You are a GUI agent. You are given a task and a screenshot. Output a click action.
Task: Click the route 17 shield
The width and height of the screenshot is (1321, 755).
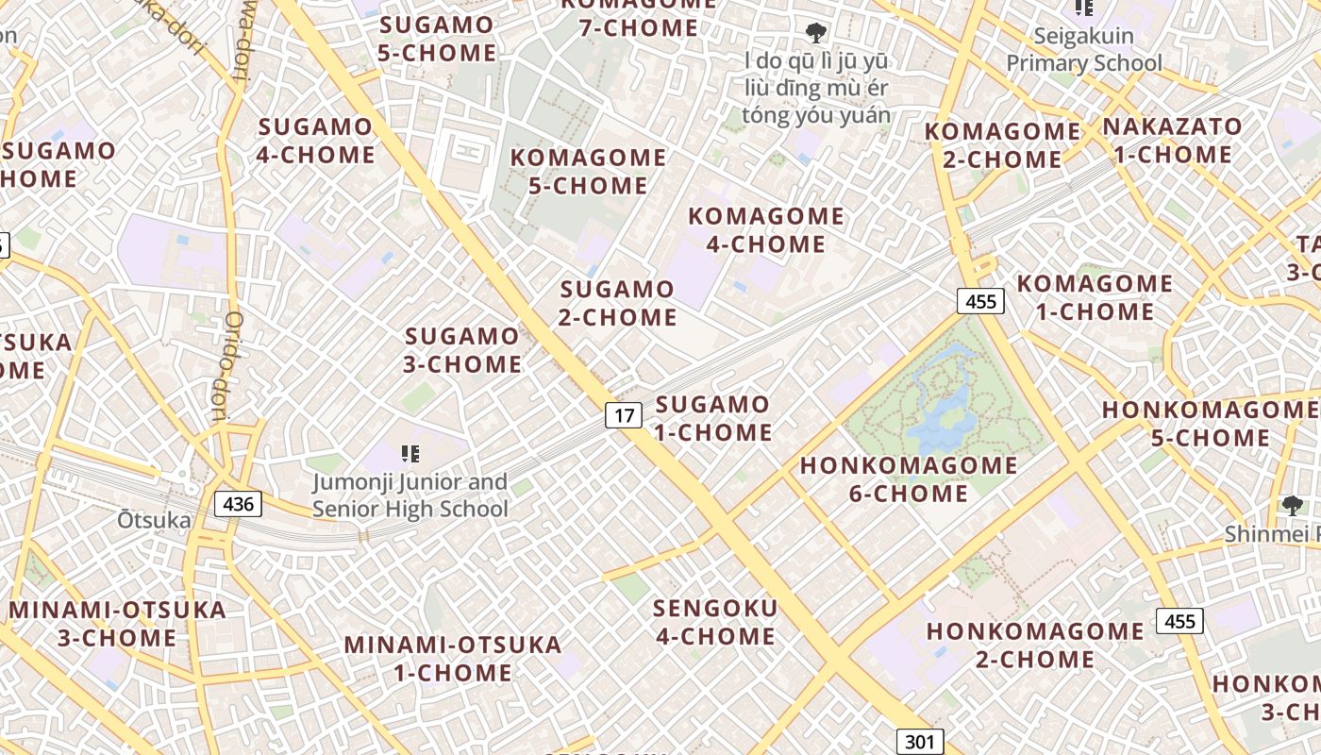[623, 414]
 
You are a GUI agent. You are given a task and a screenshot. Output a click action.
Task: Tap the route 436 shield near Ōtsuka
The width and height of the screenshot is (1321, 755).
[238, 504]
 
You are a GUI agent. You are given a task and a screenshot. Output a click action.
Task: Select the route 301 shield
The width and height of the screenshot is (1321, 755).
[918, 742]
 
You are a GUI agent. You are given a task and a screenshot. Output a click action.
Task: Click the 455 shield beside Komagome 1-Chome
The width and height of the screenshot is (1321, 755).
[981, 302]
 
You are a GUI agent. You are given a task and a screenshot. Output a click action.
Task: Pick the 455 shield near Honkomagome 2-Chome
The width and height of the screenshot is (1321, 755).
[1179, 621]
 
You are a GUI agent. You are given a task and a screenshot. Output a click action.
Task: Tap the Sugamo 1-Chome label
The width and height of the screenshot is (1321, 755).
[713, 419]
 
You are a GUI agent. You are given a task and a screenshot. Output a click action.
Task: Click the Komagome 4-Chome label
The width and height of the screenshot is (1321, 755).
[765, 230]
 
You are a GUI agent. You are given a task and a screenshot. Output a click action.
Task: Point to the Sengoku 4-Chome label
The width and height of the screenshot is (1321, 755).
[715, 622]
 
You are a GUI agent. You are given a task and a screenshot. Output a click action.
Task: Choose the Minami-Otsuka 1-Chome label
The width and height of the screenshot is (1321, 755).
[453, 659]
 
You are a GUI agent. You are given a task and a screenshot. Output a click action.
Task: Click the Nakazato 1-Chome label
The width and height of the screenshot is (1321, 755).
[1173, 140]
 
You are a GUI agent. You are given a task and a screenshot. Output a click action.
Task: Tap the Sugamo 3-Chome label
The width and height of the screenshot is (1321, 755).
[462, 350]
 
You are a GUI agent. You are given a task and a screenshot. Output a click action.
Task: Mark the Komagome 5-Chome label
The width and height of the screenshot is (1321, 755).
[588, 171]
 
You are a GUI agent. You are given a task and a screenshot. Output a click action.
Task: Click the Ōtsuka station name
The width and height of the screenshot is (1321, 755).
[154, 520]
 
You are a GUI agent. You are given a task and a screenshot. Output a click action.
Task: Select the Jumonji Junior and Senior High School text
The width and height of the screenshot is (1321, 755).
[410, 495]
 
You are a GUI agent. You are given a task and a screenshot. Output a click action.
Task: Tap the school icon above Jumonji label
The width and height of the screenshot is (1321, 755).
[410, 454]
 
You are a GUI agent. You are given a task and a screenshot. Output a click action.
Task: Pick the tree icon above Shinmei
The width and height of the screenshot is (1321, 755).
[1292, 507]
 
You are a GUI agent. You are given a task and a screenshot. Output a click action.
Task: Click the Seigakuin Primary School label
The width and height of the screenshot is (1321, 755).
[1083, 50]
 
